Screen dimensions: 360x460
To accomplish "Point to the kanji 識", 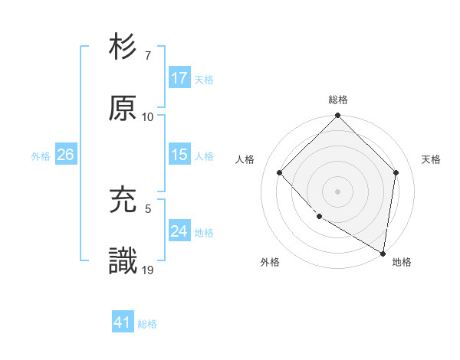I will [123, 260].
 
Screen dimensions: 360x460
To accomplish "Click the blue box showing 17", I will [179, 78].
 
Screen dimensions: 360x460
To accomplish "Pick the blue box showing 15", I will [179, 155].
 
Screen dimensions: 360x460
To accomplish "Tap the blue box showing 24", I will [179, 231].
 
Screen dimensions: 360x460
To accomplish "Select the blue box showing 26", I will [65, 155].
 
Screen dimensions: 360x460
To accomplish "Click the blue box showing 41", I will [123, 323].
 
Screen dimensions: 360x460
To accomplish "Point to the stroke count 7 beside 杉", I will [147, 57].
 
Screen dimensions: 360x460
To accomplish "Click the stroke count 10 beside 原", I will [148, 117].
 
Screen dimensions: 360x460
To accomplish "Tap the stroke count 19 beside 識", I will [148, 270].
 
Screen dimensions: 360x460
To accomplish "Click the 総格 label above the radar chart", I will [338, 100].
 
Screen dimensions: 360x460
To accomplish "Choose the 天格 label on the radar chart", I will [432, 159].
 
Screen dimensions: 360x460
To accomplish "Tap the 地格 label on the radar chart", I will [402, 262].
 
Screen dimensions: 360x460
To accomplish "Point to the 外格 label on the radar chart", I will [270, 262].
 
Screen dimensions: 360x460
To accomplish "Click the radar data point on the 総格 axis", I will [338, 116].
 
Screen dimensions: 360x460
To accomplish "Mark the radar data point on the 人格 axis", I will [280, 172].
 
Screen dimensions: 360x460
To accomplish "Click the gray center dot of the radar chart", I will [338, 191].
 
